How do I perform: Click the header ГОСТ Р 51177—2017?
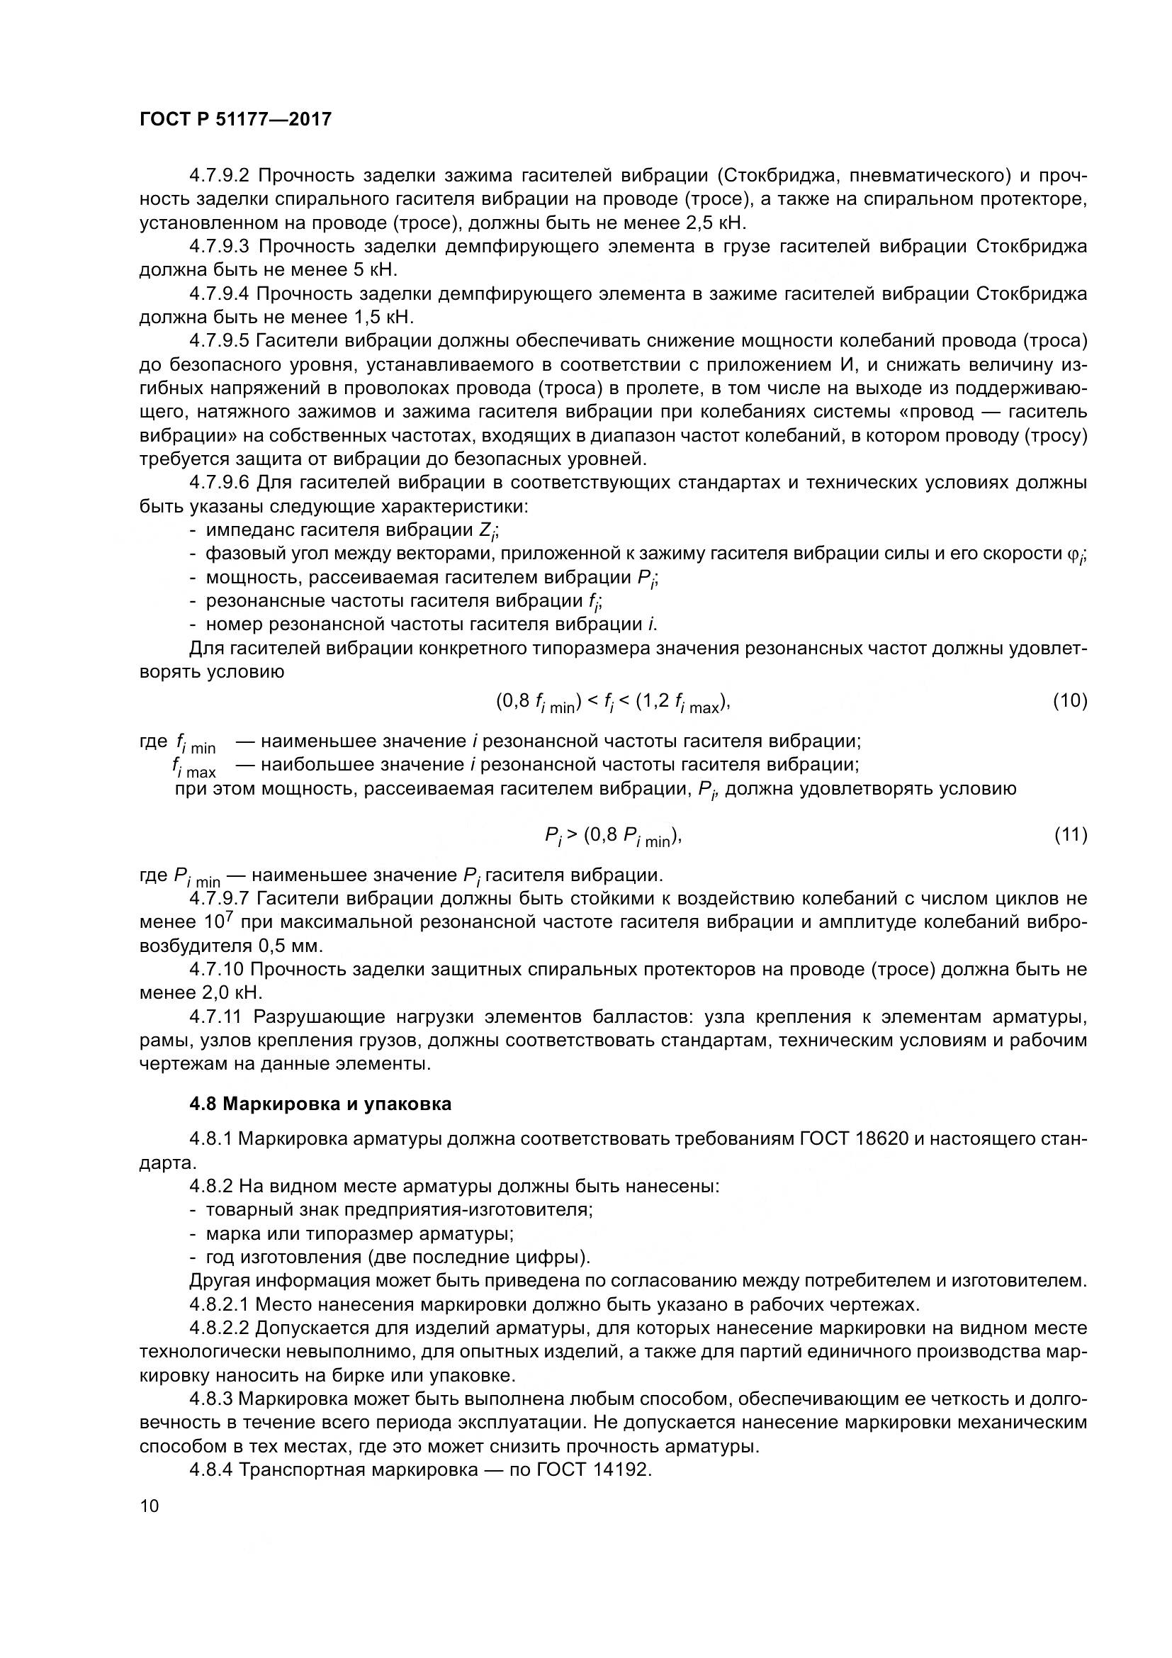(x=235, y=120)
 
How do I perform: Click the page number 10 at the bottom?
(x=150, y=1506)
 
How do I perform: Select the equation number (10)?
(x=1069, y=700)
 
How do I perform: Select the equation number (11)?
(x=1070, y=835)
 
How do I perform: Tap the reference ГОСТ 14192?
(x=594, y=1469)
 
